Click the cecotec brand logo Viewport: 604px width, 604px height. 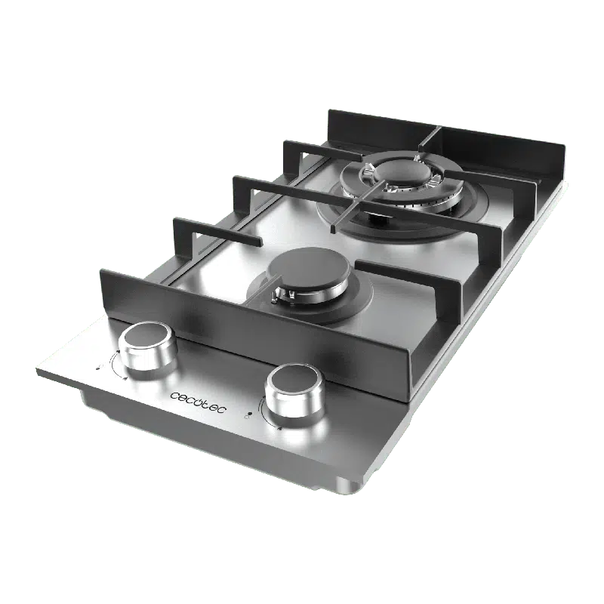[x=198, y=402]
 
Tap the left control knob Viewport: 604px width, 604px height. [x=147, y=346]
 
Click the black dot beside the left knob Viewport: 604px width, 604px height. [x=97, y=368]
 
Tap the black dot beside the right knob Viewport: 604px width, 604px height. [x=250, y=414]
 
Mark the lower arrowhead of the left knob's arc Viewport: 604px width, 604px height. [x=125, y=378]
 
